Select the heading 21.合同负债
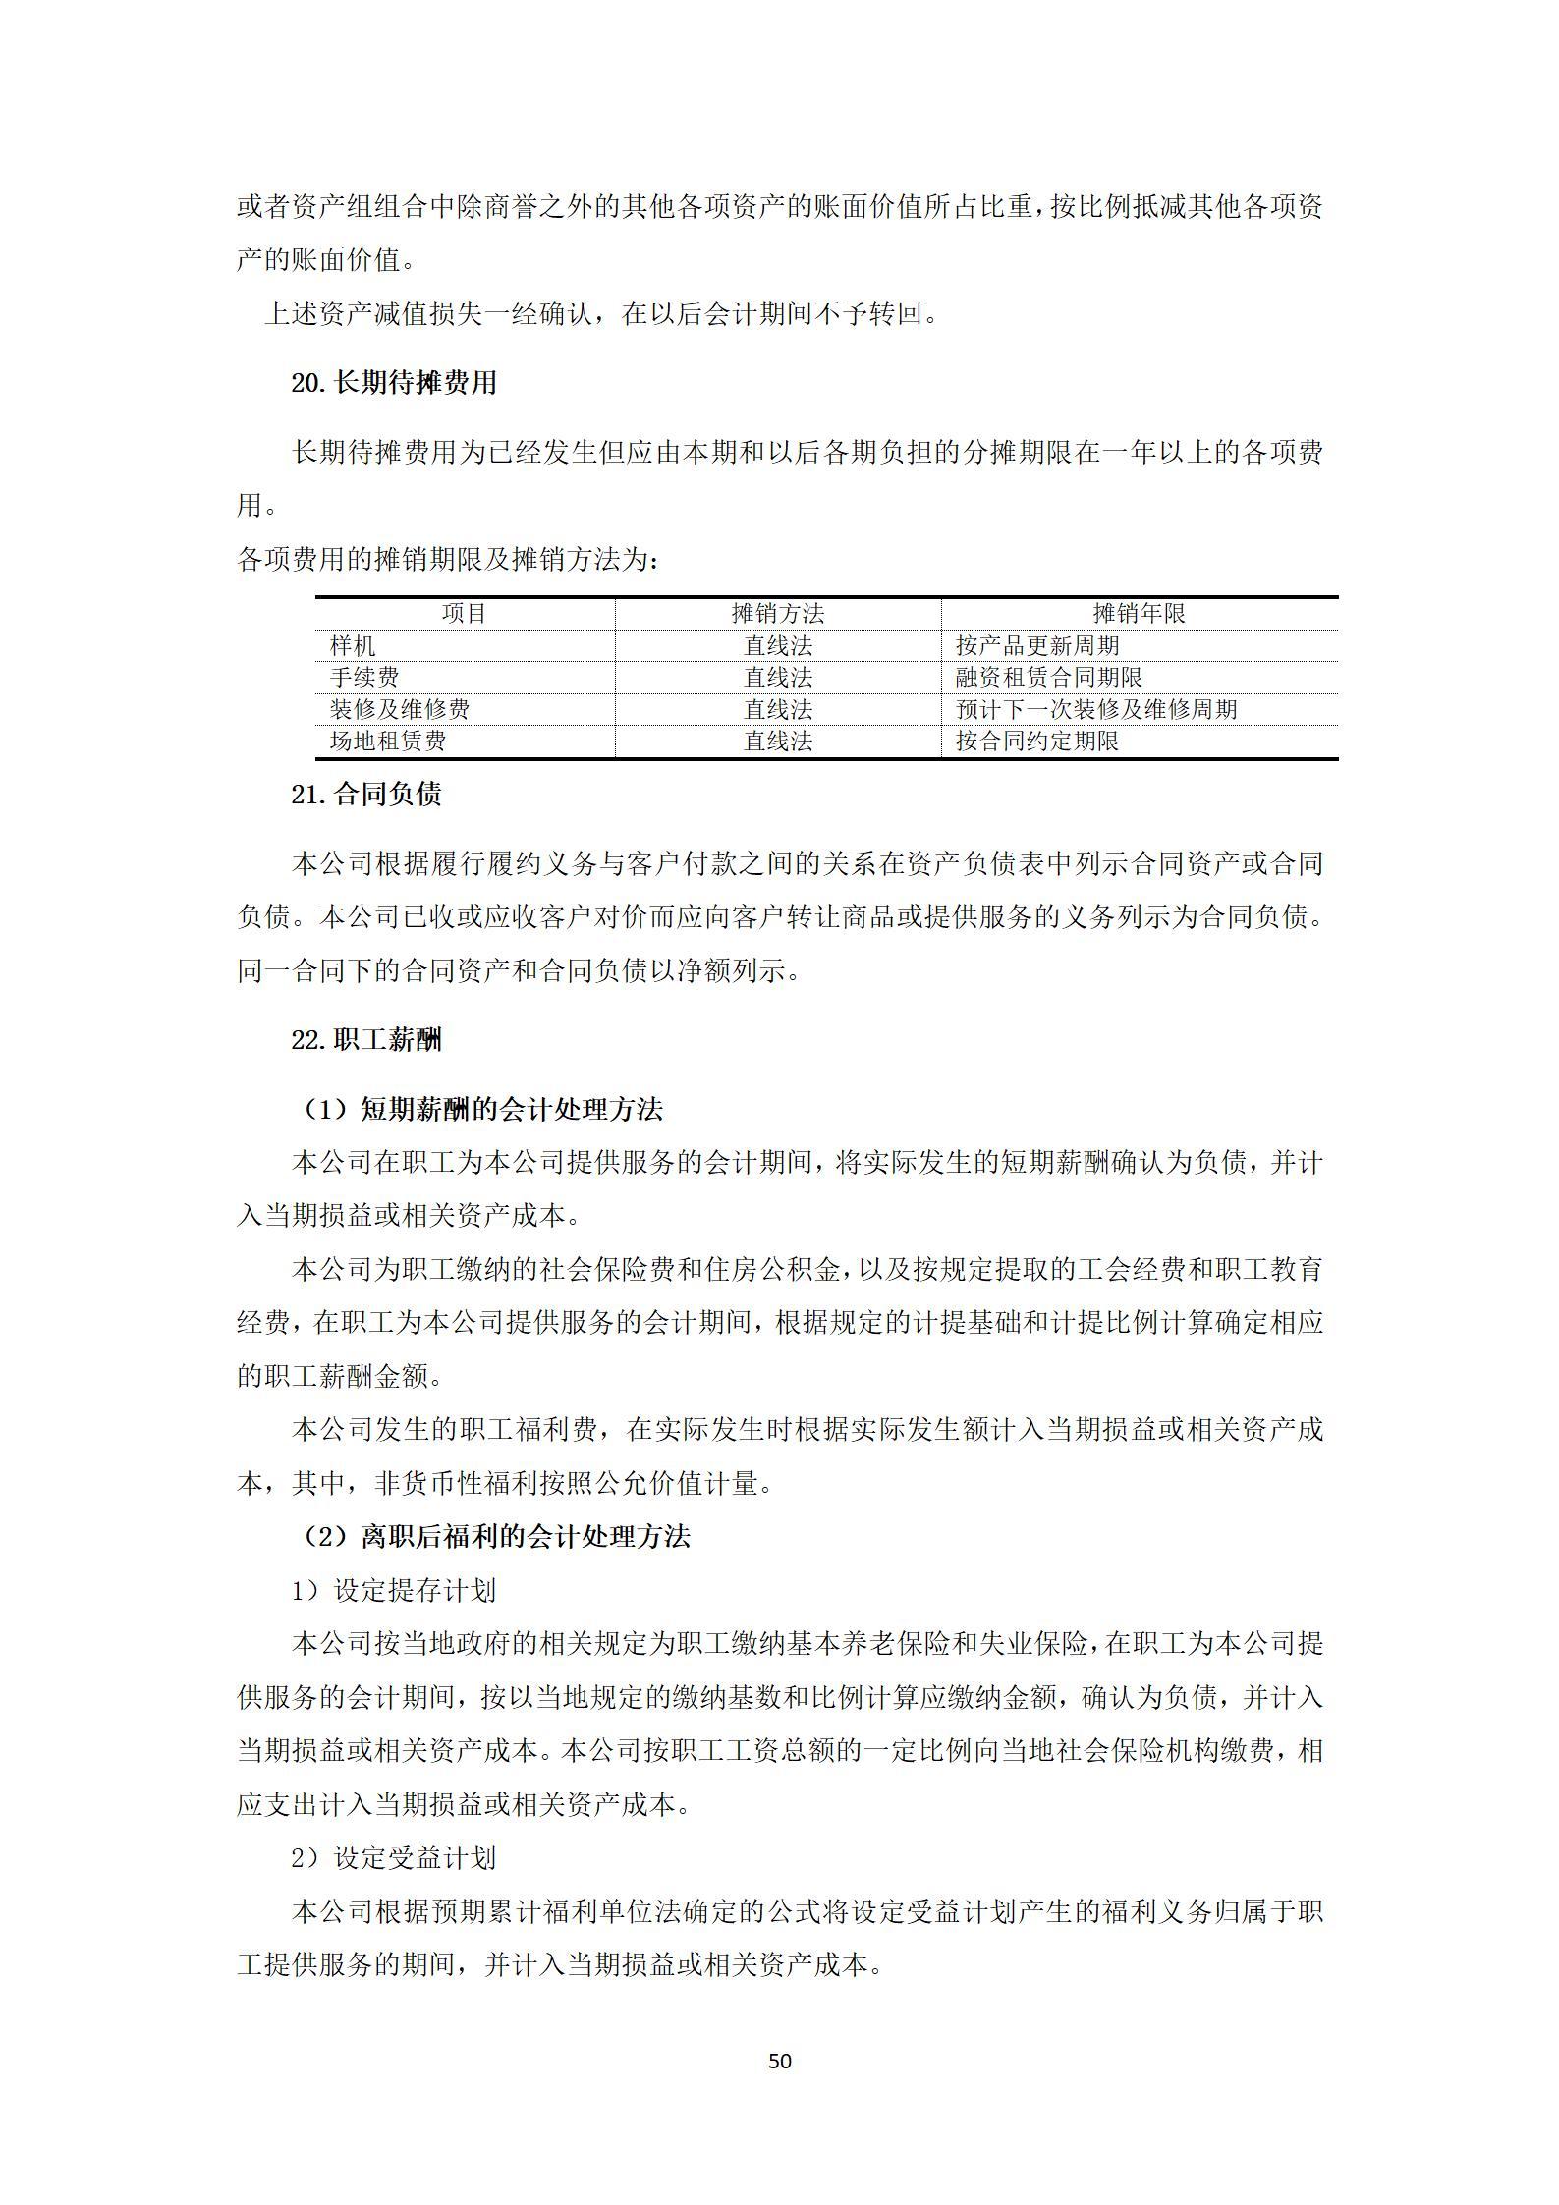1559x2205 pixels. pyautogui.click(x=365, y=795)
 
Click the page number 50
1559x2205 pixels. pyautogui.click(x=779, y=2061)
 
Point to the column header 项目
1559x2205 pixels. pyautogui.click(x=464, y=614)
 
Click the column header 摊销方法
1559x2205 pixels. pyautogui.click(x=778, y=614)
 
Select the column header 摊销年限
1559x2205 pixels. pyautogui.click(x=1139, y=614)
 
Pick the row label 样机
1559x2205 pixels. pyautogui.click(x=353, y=646)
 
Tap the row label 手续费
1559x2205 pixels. pyautogui.click(x=364, y=678)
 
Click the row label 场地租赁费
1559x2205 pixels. pyautogui.click(x=388, y=742)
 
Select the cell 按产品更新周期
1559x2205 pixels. pyautogui.click(x=1037, y=646)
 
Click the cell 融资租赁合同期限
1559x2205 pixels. pyautogui.click(x=1049, y=678)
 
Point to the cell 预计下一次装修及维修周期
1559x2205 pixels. pyautogui.click(x=1096, y=710)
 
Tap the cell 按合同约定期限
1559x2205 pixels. pyautogui.click(x=1037, y=742)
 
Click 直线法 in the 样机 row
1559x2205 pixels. pyautogui.click(x=778, y=646)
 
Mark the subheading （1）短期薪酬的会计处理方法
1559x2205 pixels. pyautogui.click(x=481, y=1110)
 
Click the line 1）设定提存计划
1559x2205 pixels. pyautogui.click(x=393, y=1590)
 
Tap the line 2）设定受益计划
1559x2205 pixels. pyautogui.click(x=393, y=1857)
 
